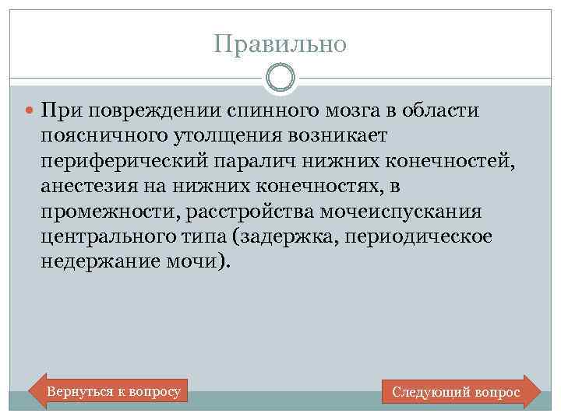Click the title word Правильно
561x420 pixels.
point(280,44)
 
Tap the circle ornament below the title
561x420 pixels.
point(280,78)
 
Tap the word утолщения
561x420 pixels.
point(217,136)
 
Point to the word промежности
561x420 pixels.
point(103,212)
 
